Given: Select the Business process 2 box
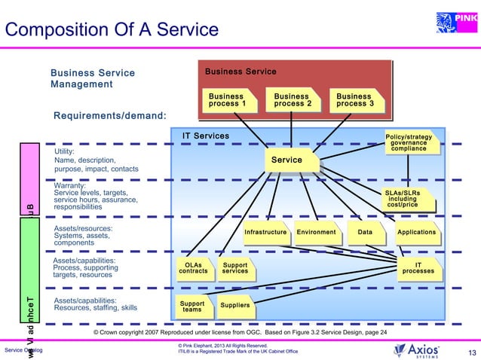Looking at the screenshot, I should (x=292, y=100).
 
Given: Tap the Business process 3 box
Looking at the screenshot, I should (x=354, y=100).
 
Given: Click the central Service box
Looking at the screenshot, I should (x=286, y=160).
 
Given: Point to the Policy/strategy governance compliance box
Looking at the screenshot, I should (x=409, y=143).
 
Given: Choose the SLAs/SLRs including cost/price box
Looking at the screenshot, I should (x=408, y=199).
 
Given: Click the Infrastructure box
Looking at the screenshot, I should (x=265, y=232).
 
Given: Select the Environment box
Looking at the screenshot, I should (x=316, y=232).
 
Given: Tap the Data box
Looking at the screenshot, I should (x=366, y=232).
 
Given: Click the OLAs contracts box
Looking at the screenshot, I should (x=193, y=268).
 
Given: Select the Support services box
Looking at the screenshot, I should (x=235, y=268).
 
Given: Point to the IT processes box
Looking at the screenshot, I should (x=418, y=268).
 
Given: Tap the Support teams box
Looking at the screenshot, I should (x=192, y=307).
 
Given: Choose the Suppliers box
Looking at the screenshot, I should (x=234, y=306).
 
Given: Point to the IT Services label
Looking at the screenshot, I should (x=206, y=136).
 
